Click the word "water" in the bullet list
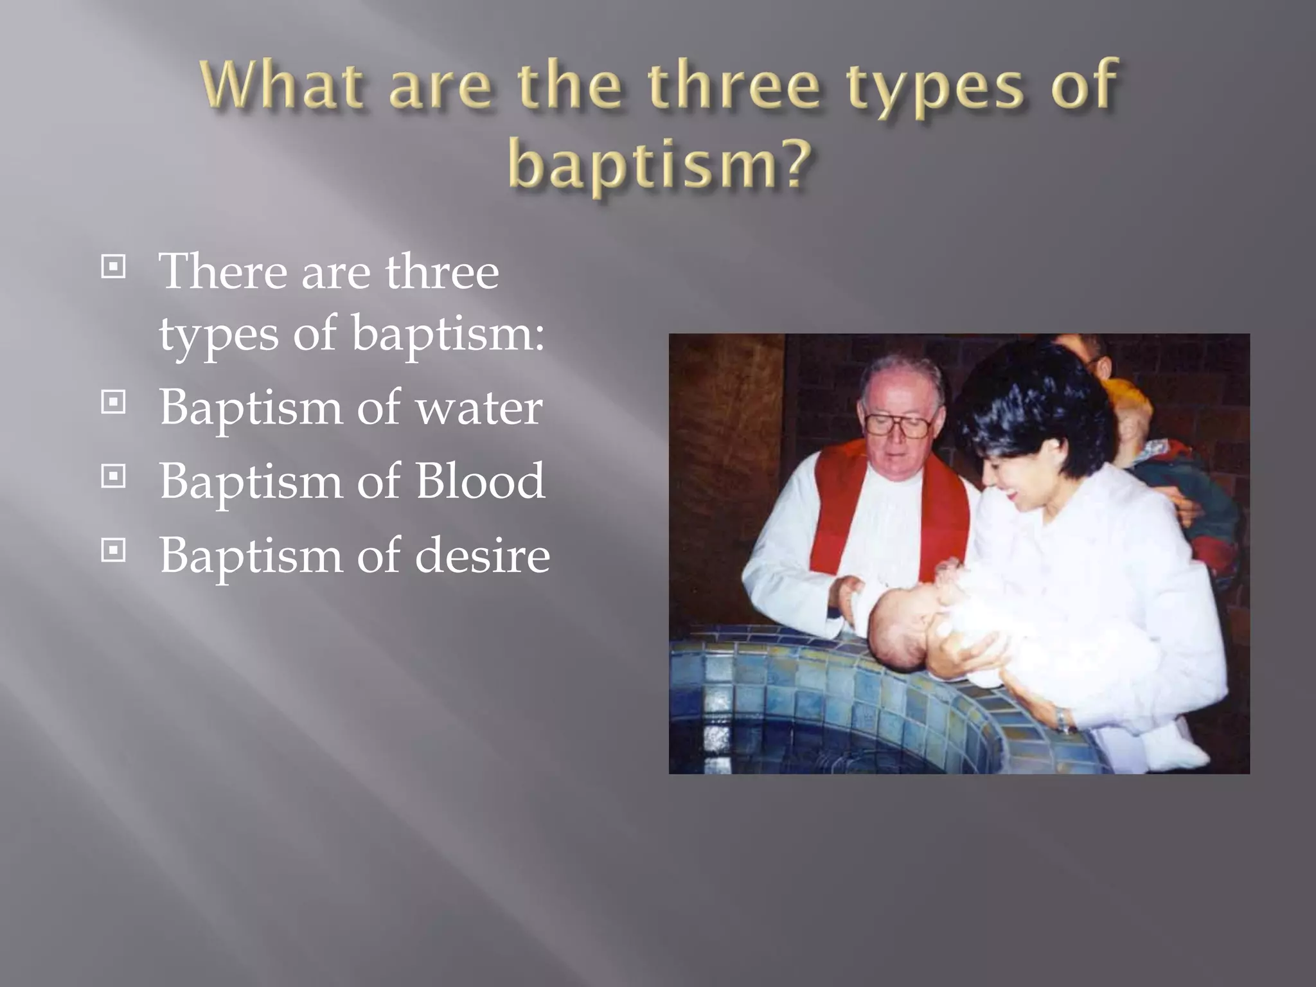pyautogui.click(x=479, y=407)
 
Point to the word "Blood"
pyautogui.click(x=481, y=481)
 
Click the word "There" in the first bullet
pyautogui.click(x=222, y=272)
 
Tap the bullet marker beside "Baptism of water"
pyautogui.click(x=113, y=403)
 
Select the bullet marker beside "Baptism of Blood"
pyautogui.click(x=113, y=477)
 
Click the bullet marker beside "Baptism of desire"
pyautogui.click(x=113, y=551)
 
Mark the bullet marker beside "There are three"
pyautogui.click(x=113, y=267)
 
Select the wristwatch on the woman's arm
pyautogui.click(x=1062, y=718)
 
